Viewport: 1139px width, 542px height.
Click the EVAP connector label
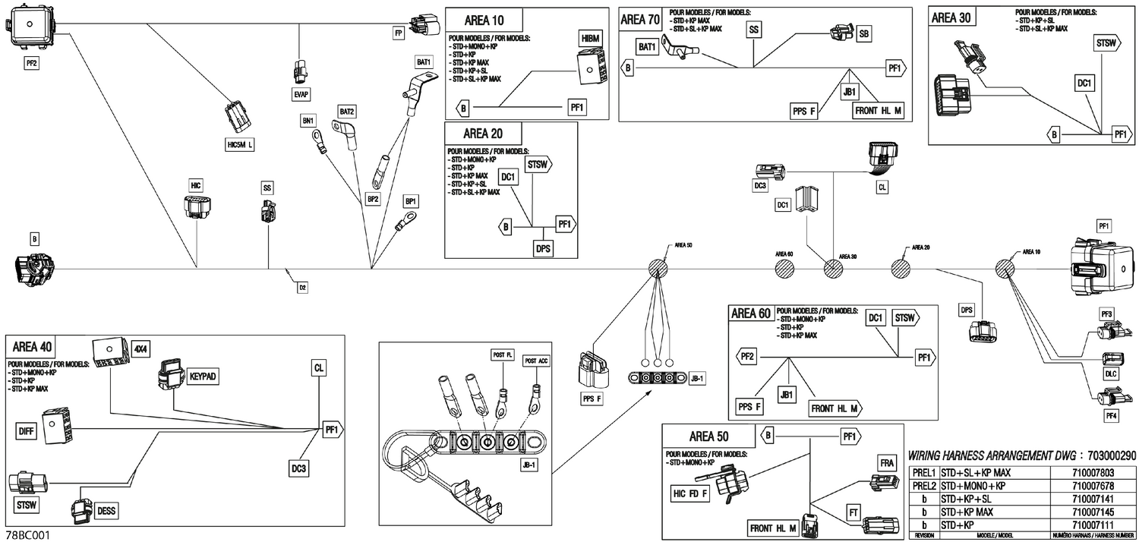301,93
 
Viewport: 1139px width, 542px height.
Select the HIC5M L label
241,145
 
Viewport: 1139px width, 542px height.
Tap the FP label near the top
398,33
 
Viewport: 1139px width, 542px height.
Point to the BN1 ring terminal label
308,121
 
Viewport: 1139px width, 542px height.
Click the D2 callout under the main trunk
302,287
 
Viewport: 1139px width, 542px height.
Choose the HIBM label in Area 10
590,39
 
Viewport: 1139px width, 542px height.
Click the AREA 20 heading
484,134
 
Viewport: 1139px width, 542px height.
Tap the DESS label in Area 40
106,511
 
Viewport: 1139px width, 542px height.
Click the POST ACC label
536,361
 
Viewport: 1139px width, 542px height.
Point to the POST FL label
503,355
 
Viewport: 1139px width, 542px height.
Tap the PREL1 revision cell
923,472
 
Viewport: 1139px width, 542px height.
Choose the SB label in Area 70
863,35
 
